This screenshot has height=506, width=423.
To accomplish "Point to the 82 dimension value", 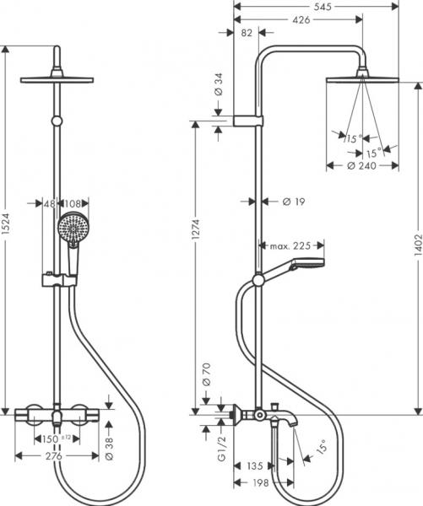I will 247,33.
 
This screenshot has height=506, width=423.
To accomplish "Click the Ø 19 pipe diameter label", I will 292,202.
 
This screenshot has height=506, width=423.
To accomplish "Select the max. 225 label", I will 290,246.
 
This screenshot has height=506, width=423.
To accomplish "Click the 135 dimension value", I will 254,464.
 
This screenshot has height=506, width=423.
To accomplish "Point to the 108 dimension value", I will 74,203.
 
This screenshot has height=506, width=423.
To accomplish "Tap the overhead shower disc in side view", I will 363,80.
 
